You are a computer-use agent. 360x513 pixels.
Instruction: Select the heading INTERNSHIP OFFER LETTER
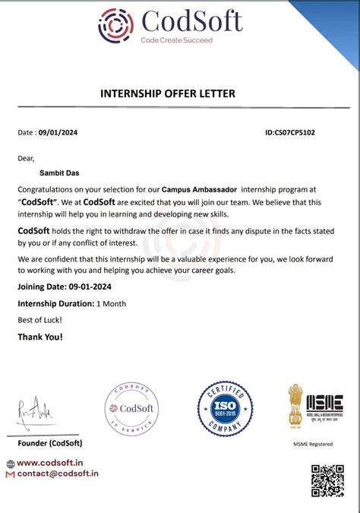pos(168,93)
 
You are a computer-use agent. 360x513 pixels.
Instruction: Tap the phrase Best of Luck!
pos(41,320)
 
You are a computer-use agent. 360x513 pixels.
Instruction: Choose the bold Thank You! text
pos(40,337)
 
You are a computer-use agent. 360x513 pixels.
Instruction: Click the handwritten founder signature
pos(34,413)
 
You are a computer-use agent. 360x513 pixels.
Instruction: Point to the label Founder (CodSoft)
pos(50,443)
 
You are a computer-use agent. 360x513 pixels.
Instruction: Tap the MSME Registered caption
pos(313,444)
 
